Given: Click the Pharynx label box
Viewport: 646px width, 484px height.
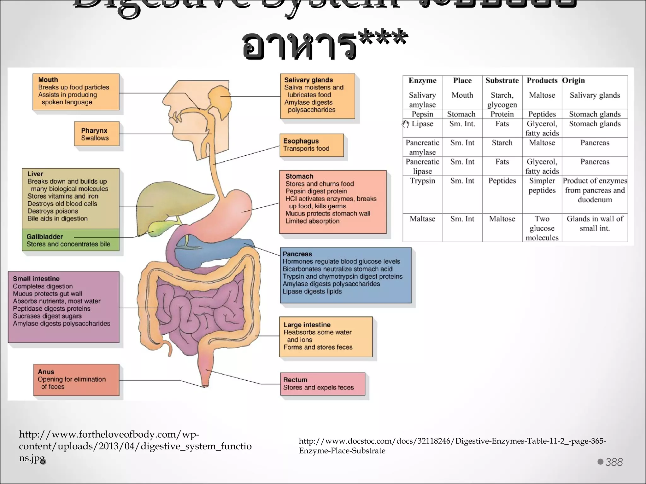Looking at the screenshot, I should [x=97, y=134].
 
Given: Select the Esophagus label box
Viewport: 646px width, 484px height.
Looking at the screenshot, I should [x=311, y=145].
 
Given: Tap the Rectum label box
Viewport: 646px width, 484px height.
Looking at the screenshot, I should [x=322, y=384].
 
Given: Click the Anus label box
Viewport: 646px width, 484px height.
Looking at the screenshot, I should [x=76, y=380].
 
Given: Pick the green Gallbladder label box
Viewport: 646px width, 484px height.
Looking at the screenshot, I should [x=70, y=240].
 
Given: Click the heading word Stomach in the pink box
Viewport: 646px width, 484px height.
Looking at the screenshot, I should [x=299, y=176].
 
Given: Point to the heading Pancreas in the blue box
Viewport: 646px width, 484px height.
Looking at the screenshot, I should [x=297, y=254].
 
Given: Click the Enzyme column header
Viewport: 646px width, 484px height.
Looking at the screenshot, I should [x=422, y=81].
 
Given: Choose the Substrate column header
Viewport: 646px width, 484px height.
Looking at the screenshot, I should [x=502, y=81].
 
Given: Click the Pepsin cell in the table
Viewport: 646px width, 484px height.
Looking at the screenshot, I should [x=422, y=114].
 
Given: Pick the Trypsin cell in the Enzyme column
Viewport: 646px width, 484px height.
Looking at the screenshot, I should [x=422, y=181].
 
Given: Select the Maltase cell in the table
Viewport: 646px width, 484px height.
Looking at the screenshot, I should [x=422, y=219].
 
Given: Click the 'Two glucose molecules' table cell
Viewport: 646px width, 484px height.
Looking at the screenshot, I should [x=542, y=228].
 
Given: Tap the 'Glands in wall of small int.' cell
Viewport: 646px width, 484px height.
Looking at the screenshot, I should [x=595, y=223].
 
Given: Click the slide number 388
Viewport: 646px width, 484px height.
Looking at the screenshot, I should [x=614, y=462].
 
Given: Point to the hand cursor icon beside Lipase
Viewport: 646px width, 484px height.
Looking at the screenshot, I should [x=406, y=124].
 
